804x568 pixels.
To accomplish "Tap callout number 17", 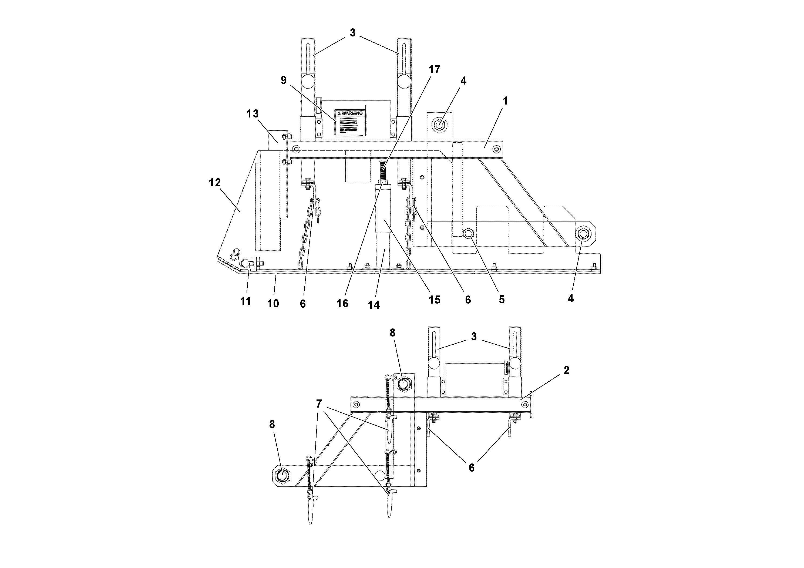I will pos(434,70).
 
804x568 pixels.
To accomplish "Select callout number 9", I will pos(284,80).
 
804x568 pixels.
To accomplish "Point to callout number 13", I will pos(252,114).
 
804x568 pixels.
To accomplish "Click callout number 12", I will pos(215,183).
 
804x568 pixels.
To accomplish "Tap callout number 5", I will pos(502,300).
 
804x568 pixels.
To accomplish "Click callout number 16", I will pos(342,303).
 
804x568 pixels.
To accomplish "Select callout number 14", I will pos(374,305).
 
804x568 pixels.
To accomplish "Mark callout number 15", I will pos(434,300).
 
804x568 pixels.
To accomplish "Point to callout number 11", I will pos(245,301).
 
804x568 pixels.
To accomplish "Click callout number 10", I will pos(273,303).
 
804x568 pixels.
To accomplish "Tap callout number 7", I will pos(319,404).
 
